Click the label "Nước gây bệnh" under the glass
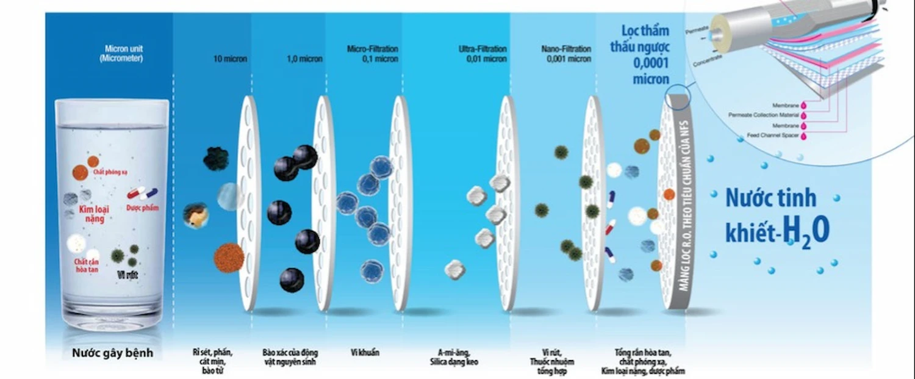pos(112,353)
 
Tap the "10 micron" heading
pos(230,59)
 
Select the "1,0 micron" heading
pos(304,59)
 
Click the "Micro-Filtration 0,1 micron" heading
pos(372,54)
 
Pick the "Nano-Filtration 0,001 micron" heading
pos(566,54)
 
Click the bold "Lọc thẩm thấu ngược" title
pos(645,38)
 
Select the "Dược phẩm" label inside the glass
pos(142,208)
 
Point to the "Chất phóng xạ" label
pos(110,173)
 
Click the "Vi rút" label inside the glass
pos(127,275)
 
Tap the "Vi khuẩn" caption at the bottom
pos(365,352)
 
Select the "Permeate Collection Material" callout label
pos(764,115)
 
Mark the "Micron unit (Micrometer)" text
pos(124,53)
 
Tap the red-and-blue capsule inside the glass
pos(142,193)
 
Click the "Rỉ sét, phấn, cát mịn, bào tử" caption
pos(212,361)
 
